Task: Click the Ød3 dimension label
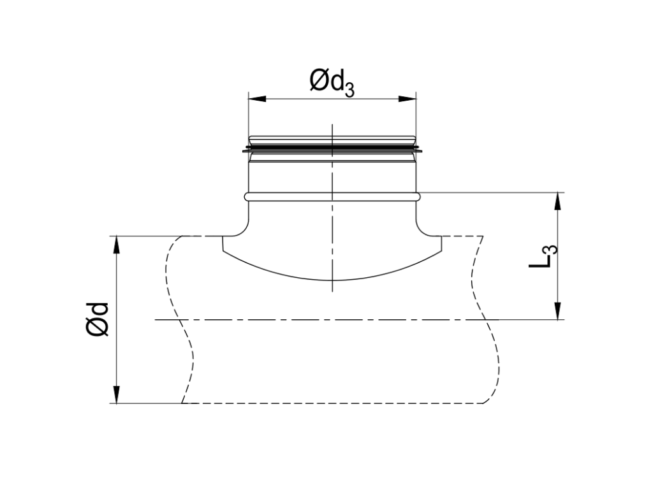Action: click(x=332, y=83)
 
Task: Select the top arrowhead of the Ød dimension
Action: click(x=117, y=244)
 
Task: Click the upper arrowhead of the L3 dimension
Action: click(x=559, y=200)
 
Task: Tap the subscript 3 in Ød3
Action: click(x=349, y=89)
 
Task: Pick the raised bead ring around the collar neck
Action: click(x=332, y=197)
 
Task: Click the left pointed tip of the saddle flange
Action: click(x=223, y=250)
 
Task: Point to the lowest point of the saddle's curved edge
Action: click(x=332, y=280)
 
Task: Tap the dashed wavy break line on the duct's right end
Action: click(x=488, y=319)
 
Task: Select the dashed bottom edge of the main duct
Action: click(x=332, y=403)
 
